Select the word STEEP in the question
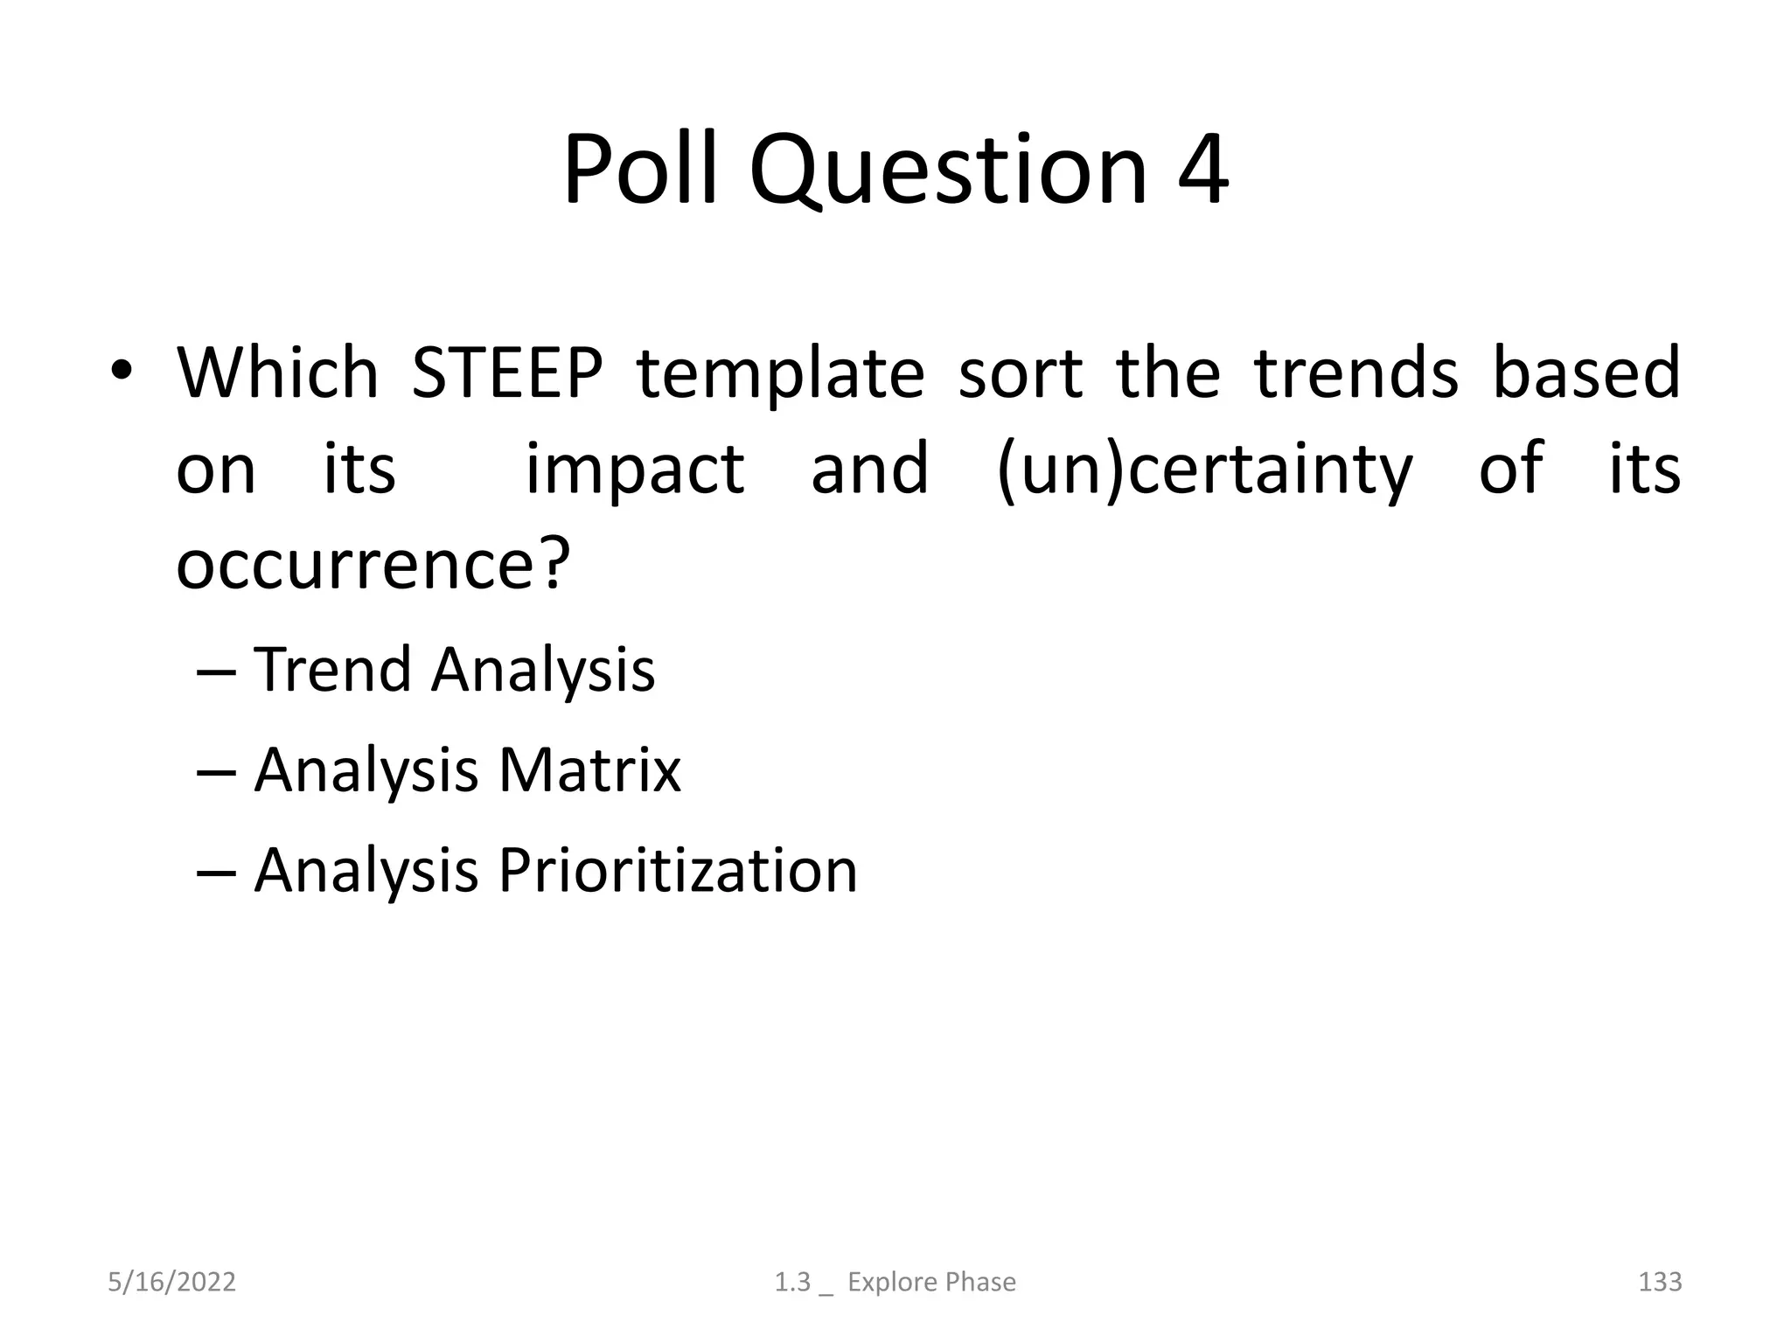coord(506,373)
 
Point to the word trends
coord(1356,373)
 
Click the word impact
coord(634,470)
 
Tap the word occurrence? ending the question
coord(373,564)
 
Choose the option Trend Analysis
coord(454,670)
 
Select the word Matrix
coord(589,770)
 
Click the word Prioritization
coord(678,871)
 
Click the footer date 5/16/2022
coord(171,1282)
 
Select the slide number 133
coord(1659,1282)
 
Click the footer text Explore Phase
coord(931,1282)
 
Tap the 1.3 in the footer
coord(792,1282)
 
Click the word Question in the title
coord(947,170)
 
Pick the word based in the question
coord(1585,373)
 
